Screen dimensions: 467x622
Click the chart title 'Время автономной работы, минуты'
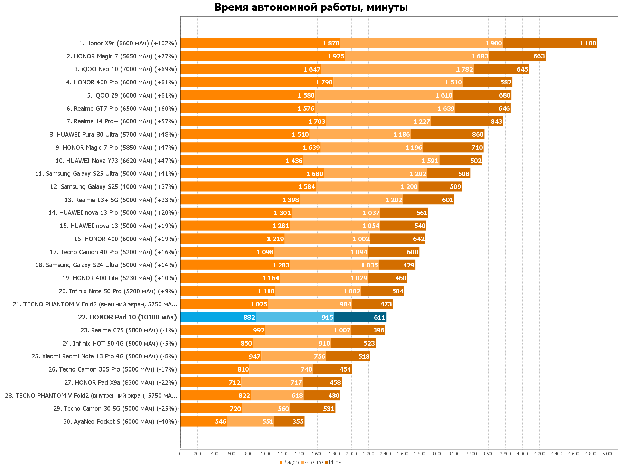311,7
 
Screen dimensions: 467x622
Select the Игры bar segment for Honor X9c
549,43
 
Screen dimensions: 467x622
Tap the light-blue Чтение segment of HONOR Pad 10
294,317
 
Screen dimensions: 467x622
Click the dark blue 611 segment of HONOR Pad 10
360,317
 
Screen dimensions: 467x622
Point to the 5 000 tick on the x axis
608,454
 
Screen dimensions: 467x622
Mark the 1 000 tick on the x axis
266,454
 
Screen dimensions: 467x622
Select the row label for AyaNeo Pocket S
120,422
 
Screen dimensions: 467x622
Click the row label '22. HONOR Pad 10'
127,317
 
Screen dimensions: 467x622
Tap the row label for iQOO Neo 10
125,69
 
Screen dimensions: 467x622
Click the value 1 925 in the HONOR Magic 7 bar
336,56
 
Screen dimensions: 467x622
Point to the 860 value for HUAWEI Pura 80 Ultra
478,135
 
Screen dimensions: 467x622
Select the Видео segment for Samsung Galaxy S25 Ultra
252,174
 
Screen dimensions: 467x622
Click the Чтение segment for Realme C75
308,330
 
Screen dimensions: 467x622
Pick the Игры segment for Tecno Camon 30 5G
312,409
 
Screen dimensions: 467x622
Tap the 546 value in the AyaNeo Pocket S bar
220,422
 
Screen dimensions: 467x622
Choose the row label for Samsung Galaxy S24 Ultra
106,265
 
